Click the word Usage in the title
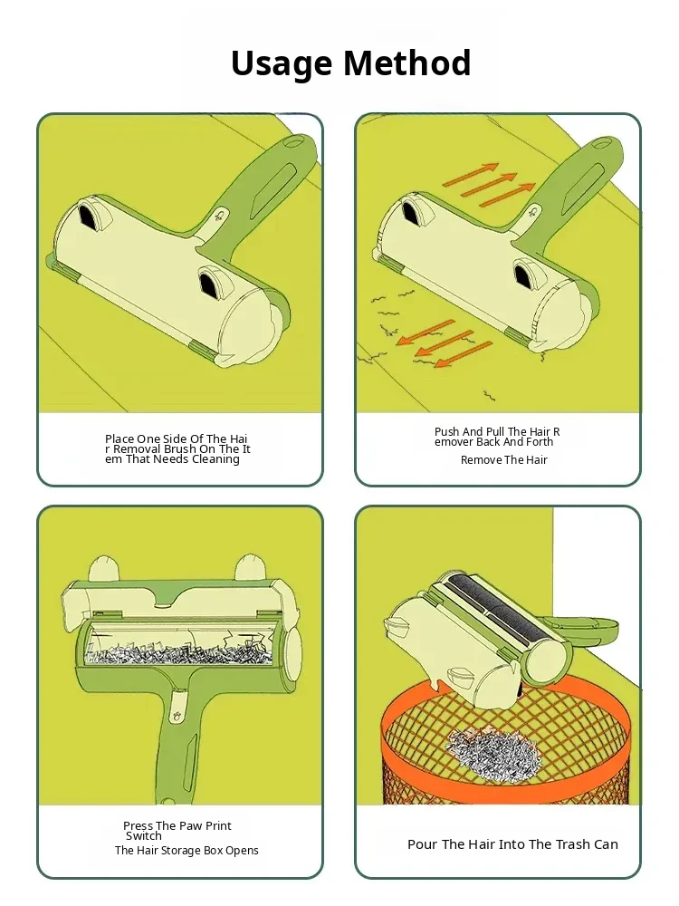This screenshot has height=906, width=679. pos(282,64)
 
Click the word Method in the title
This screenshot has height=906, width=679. pos(407,63)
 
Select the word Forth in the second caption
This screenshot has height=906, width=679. pos(540,442)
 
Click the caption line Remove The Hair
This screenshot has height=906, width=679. pos(504,460)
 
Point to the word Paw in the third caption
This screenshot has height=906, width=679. pos(192,826)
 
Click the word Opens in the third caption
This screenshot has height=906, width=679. pos(243,851)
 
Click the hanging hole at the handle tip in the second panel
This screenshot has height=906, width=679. pos(607,143)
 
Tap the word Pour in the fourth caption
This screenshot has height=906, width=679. pos(423,844)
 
